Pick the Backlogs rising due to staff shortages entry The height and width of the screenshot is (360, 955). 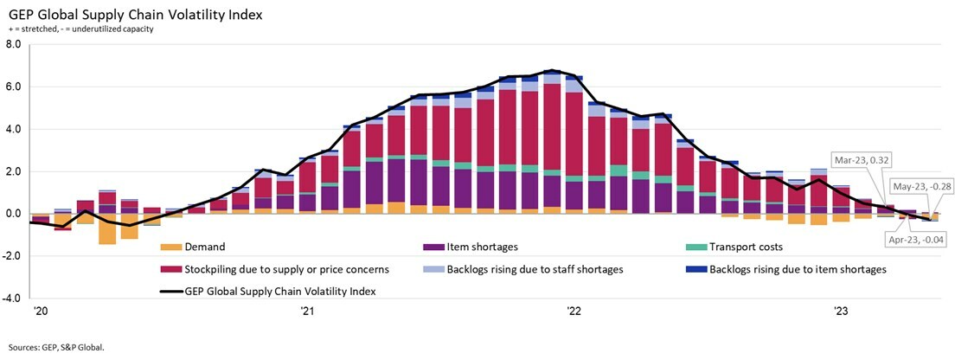click(535, 269)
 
